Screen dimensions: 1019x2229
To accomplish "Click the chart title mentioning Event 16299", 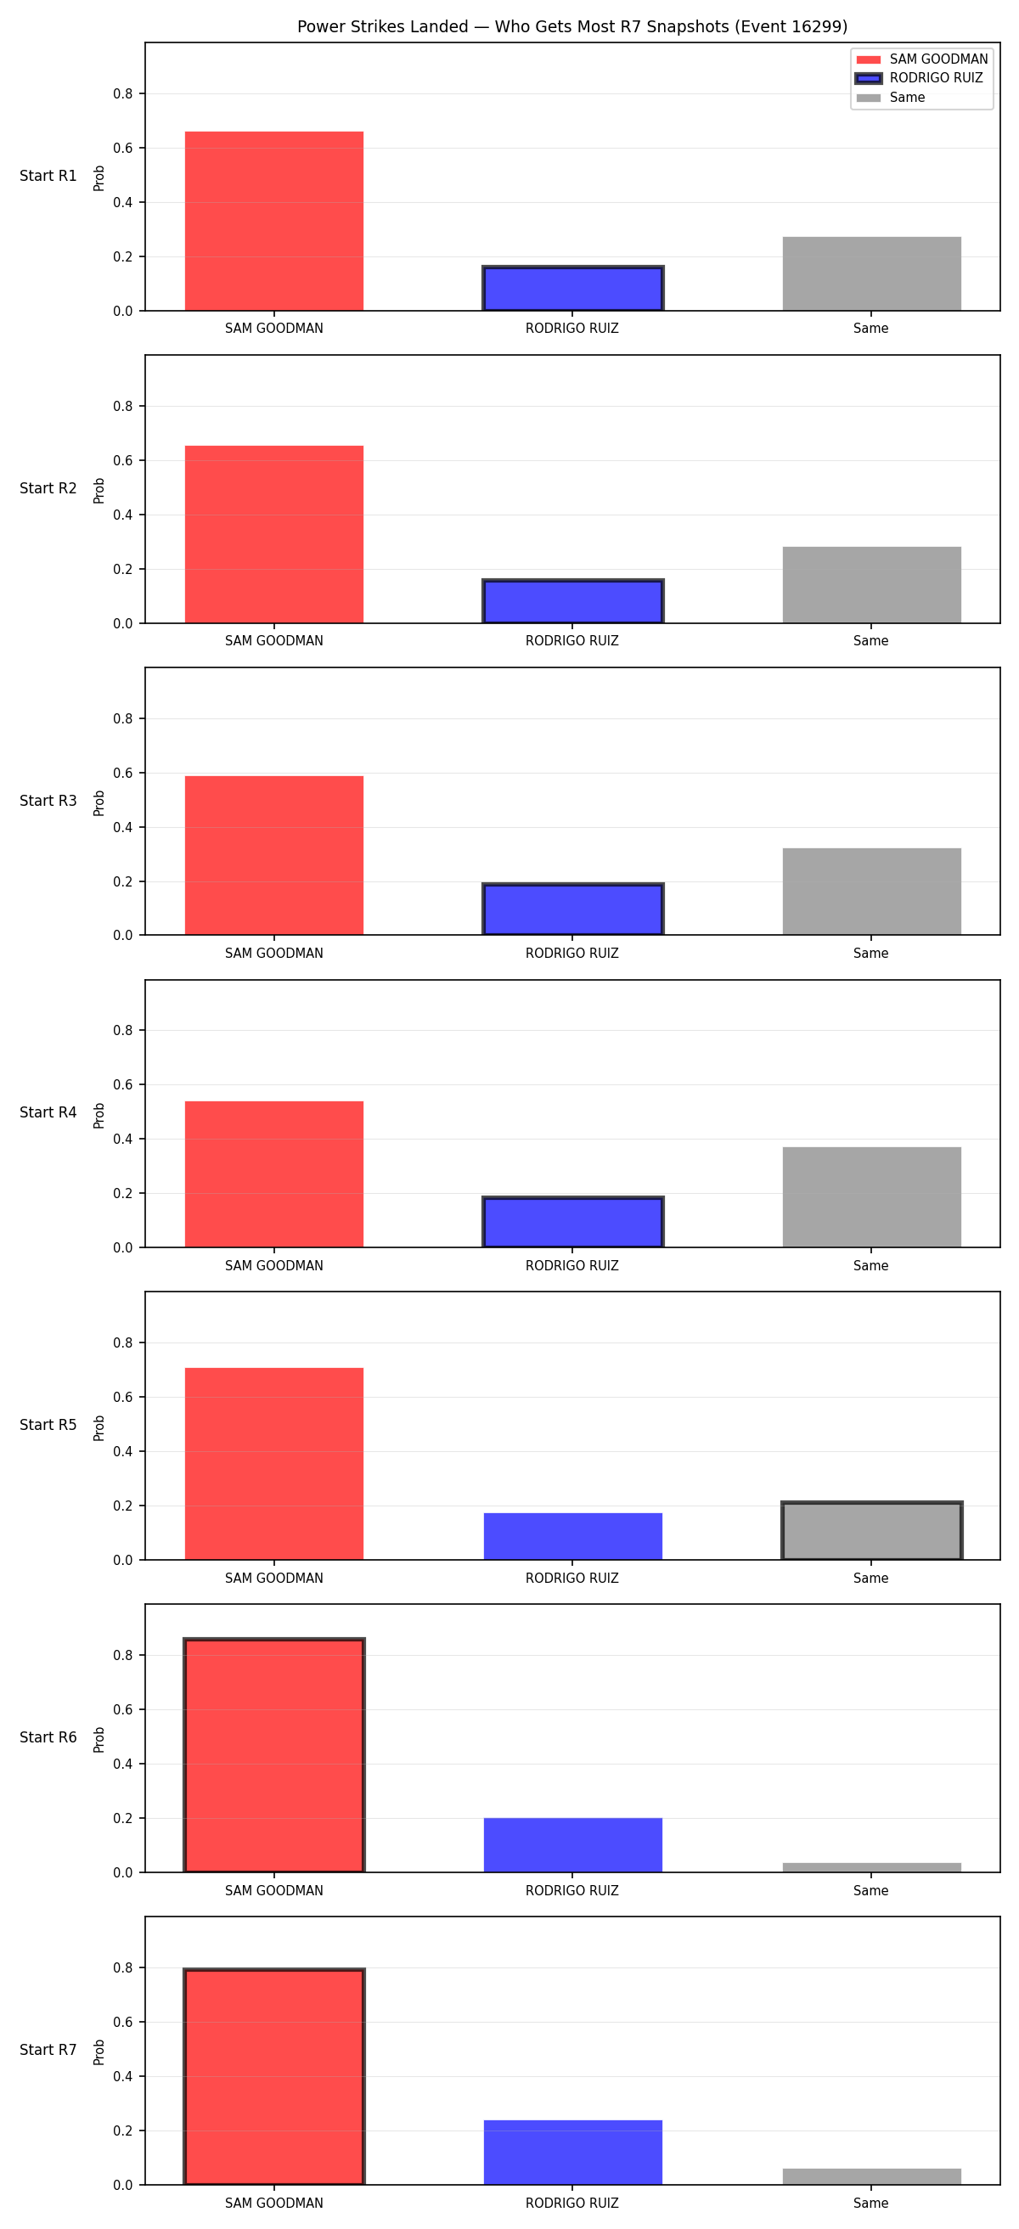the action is tap(571, 27).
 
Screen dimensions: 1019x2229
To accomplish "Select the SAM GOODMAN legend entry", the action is tap(921, 59).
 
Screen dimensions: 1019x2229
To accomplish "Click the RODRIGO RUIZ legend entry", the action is tap(919, 78).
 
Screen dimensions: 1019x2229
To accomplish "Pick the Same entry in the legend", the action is tap(890, 97).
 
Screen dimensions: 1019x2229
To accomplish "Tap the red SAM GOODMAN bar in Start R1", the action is tap(274, 221).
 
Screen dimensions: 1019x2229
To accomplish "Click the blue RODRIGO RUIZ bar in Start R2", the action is tap(572, 600).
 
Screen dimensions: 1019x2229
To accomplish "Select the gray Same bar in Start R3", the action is tap(872, 892).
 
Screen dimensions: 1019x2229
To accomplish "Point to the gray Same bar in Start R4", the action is tap(872, 1196).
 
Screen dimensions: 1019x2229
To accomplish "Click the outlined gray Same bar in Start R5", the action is tap(872, 1530).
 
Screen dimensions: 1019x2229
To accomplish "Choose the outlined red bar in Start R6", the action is tap(274, 1755).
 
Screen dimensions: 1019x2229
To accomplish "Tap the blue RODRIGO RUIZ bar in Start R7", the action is tap(572, 2152).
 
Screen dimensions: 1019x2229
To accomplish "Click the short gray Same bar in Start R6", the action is tap(872, 1867).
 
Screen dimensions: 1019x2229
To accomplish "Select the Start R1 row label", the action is tap(48, 176).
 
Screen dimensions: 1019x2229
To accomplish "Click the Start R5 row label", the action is tap(48, 1425).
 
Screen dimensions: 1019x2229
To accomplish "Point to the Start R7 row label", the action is tap(48, 2050).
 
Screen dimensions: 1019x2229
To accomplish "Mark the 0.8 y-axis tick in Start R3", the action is tap(123, 718).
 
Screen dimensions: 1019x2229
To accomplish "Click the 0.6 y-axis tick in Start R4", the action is tap(123, 1084).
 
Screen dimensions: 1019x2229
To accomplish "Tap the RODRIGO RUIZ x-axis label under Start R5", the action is tap(571, 1579).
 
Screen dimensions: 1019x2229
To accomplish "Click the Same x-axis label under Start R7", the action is tap(871, 2203).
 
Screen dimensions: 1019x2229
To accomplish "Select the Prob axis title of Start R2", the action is tap(99, 491).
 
